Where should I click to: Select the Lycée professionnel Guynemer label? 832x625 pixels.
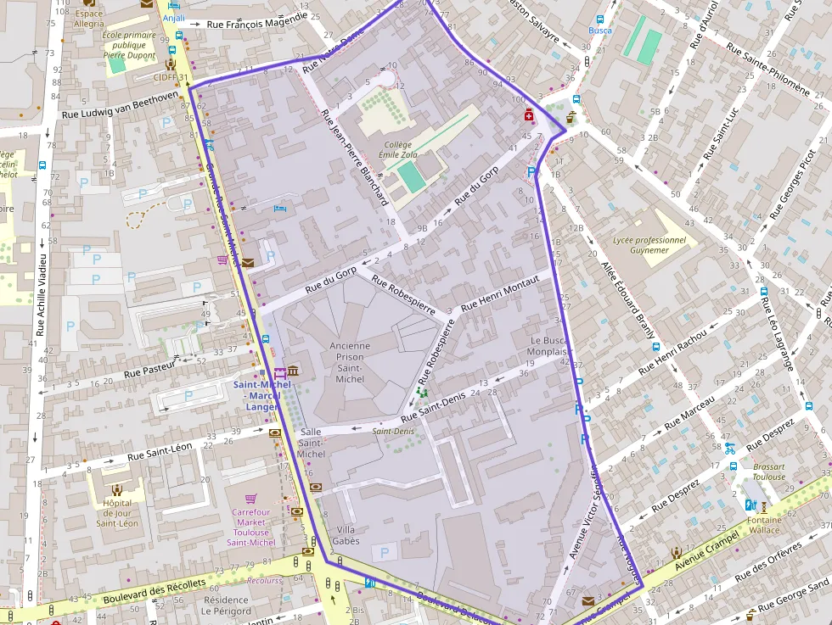click(x=649, y=244)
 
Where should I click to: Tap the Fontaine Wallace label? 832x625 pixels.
click(x=765, y=525)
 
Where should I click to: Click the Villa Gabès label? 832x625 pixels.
click(x=347, y=535)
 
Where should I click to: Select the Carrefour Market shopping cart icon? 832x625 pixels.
click(x=250, y=499)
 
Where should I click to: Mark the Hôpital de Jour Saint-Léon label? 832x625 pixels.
click(x=117, y=512)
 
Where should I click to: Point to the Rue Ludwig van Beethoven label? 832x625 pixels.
click(x=120, y=106)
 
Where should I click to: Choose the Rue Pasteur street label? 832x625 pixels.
click(x=149, y=367)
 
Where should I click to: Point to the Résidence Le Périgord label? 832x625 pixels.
click(x=227, y=605)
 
